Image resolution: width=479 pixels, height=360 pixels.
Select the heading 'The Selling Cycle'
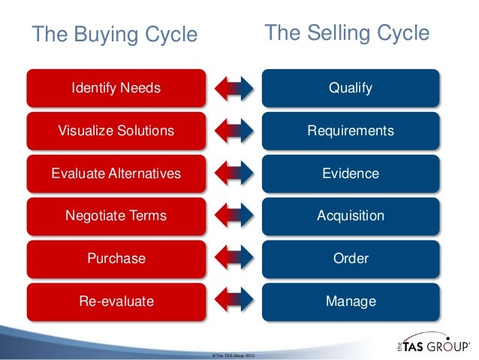point(347,34)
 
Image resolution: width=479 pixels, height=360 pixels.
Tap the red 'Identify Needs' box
point(116,88)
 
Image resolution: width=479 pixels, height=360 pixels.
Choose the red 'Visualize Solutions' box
point(116,131)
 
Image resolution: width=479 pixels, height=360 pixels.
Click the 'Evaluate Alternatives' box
point(116,174)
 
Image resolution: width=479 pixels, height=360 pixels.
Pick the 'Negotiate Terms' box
point(116,216)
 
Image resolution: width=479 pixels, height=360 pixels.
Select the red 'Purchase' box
point(116,259)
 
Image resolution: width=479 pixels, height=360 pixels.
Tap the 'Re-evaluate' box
point(116,301)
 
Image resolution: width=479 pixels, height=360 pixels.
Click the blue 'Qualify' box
point(350,88)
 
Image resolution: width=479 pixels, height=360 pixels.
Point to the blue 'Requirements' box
point(350,131)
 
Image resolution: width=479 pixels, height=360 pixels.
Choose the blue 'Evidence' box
point(350,174)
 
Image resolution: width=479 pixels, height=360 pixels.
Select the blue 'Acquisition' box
point(350,216)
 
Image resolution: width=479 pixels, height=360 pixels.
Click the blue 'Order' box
point(350,259)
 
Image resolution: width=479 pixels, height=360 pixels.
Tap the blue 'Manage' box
point(350,301)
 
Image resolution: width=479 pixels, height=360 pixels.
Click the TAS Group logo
point(429,346)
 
